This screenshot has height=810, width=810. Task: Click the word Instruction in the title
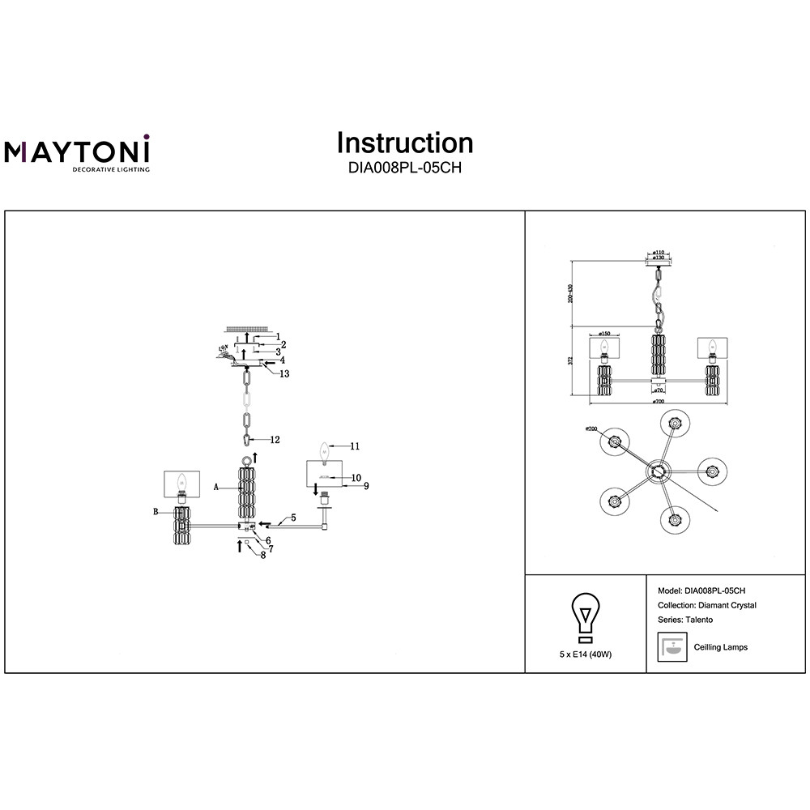click(x=405, y=143)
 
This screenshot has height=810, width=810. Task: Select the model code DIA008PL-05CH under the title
click(x=405, y=169)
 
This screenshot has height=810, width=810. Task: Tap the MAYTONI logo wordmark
click(x=78, y=151)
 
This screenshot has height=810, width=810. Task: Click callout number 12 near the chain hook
click(x=275, y=440)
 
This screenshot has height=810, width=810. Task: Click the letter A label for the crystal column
click(x=216, y=488)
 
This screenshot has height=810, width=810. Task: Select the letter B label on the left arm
click(x=155, y=512)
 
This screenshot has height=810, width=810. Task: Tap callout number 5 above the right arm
click(x=293, y=517)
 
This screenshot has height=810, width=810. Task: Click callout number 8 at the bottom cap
click(x=262, y=555)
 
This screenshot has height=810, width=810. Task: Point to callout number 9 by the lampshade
click(x=366, y=486)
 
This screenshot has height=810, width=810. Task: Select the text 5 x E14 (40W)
click(x=585, y=653)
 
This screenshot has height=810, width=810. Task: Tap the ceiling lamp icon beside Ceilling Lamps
click(x=671, y=647)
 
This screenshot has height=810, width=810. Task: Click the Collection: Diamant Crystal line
click(x=709, y=605)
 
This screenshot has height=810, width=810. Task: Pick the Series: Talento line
click(x=687, y=620)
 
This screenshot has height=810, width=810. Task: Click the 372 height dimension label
click(x=570, y=360)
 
